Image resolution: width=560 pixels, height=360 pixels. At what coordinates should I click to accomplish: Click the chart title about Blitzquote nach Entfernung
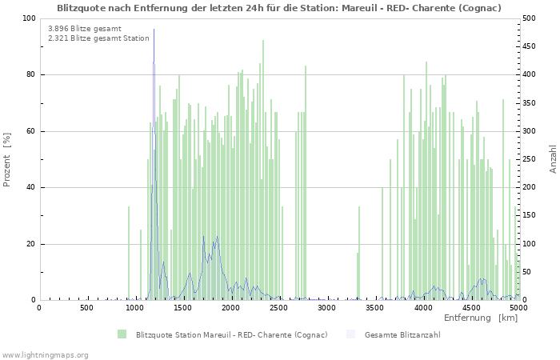point(279,8)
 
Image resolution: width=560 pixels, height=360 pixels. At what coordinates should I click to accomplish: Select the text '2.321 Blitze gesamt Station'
point(98,38)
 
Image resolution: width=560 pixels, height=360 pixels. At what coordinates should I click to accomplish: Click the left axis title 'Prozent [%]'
point(7,159)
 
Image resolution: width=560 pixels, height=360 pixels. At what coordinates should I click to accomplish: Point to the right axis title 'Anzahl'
point(553,159)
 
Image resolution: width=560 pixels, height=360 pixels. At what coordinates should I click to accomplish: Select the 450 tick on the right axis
point(530,46)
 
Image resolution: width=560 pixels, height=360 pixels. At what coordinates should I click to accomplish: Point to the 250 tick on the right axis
point(530,159)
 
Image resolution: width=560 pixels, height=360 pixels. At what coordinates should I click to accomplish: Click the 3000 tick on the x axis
point(326,308)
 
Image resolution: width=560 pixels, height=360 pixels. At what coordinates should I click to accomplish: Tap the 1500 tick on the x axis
point(182,308)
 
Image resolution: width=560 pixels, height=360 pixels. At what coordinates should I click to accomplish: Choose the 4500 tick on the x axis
point(470,308)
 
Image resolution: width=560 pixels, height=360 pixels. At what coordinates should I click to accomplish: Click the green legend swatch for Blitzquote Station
point(122,334)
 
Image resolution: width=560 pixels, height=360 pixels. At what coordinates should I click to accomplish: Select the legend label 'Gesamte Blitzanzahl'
point(402,334)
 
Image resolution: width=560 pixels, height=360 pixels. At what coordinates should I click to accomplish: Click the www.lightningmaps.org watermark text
point(45,354)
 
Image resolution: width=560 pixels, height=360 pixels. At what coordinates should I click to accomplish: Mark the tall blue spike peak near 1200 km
point(154,30)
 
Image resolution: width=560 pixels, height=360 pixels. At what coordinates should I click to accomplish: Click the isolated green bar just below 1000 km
point(129,253)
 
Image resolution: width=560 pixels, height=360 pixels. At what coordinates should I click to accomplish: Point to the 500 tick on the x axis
point(86,308)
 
